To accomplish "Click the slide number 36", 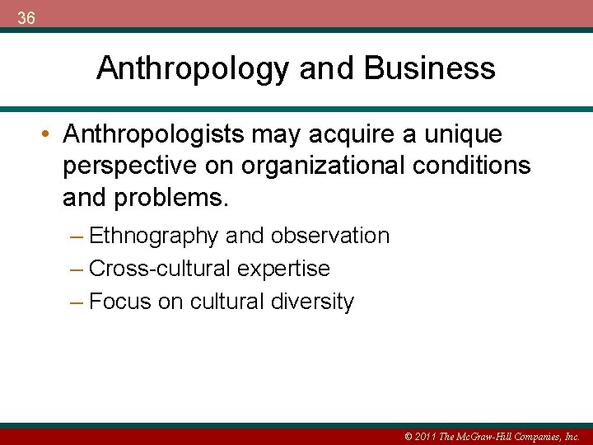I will click(26, 18).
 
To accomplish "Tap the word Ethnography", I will click(154, 236).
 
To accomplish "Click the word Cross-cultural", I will click(160, 269).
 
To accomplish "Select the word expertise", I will click(283, 269).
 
